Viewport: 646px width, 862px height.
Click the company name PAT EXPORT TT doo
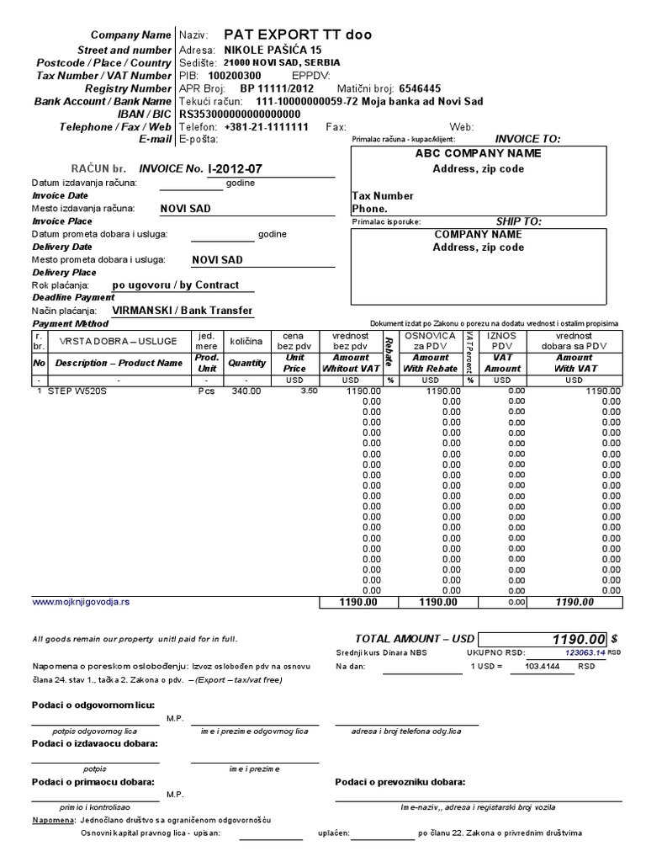297,35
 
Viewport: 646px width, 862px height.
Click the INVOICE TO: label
527,139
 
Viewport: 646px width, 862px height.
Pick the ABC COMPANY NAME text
478,153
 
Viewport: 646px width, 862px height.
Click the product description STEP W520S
77,391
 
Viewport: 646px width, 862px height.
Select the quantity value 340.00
246,391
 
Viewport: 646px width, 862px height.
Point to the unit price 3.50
309,391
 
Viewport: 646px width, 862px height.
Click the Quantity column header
246,363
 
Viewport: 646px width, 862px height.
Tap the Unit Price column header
294,363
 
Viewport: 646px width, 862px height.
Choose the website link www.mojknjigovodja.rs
81,602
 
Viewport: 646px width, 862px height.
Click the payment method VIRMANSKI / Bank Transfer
183,311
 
